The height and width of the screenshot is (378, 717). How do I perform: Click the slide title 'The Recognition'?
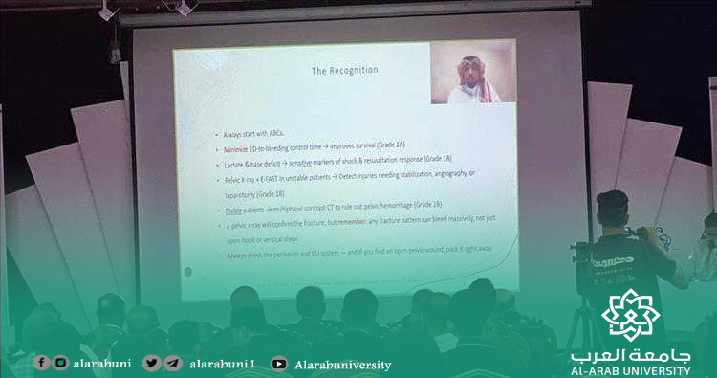click(x=345, y=71)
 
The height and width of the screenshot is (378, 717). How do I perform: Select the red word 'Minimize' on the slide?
click(x=235, y=150)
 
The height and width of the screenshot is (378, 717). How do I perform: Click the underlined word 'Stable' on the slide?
click(x=232, y=206)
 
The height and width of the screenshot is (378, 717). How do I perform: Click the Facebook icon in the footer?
click(x=41, y=363)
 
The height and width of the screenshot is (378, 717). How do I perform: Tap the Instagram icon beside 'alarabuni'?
click(x=60, y=363)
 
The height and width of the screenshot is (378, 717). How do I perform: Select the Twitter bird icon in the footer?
click(x=150, y=363)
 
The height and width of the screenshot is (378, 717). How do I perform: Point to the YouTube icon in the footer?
click(x=278, y=364)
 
